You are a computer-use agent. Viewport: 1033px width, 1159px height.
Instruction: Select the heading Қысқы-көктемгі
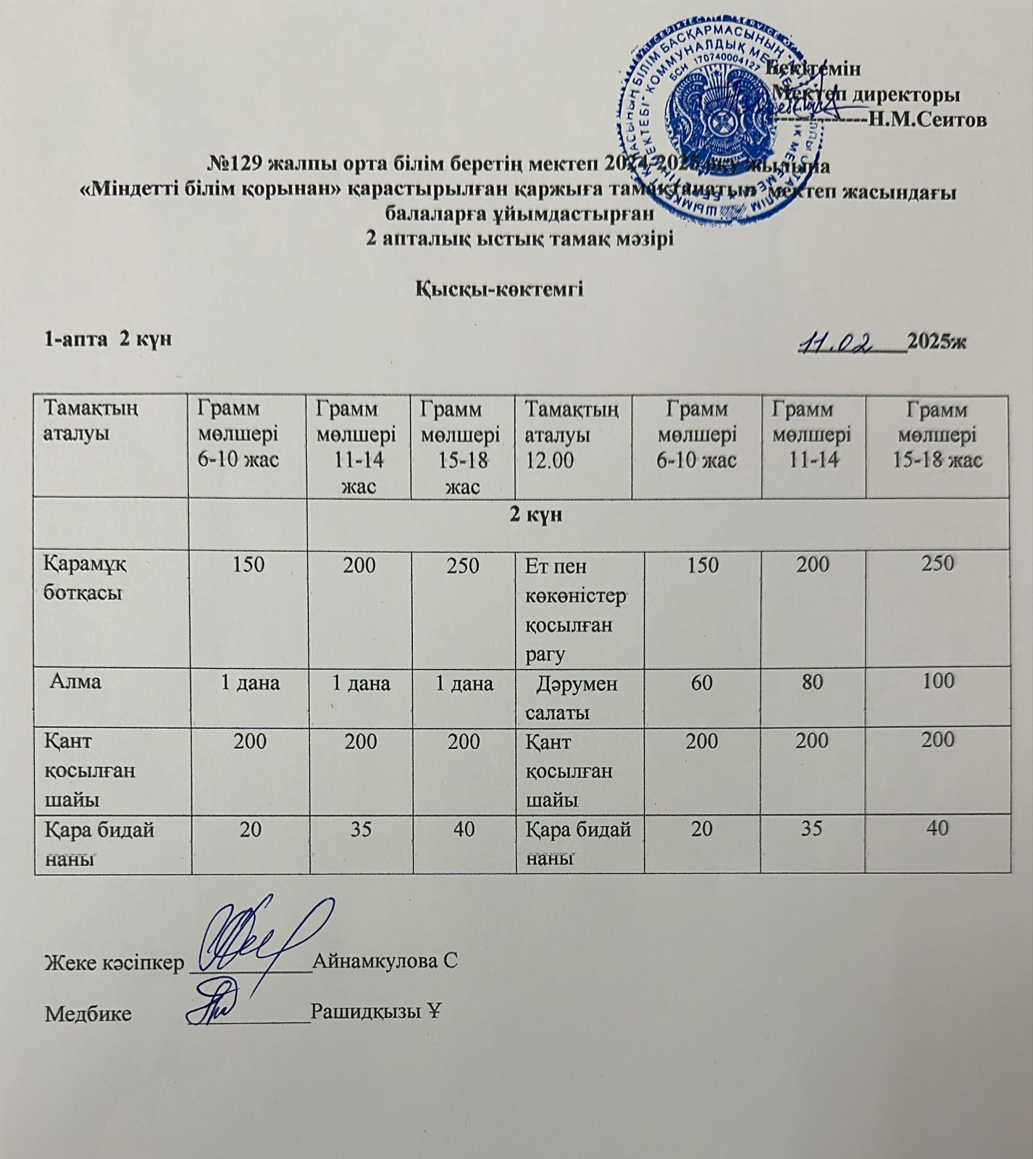[499, 288]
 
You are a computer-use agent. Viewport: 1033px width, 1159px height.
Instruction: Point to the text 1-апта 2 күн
[108, 338]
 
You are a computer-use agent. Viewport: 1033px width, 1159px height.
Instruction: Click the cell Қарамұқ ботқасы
[84, 577]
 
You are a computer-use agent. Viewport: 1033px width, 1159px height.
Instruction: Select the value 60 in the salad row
[700, 682]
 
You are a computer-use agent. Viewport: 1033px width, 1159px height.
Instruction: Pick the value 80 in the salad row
[812, 682]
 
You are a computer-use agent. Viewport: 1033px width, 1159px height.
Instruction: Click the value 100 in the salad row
[938, 682]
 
